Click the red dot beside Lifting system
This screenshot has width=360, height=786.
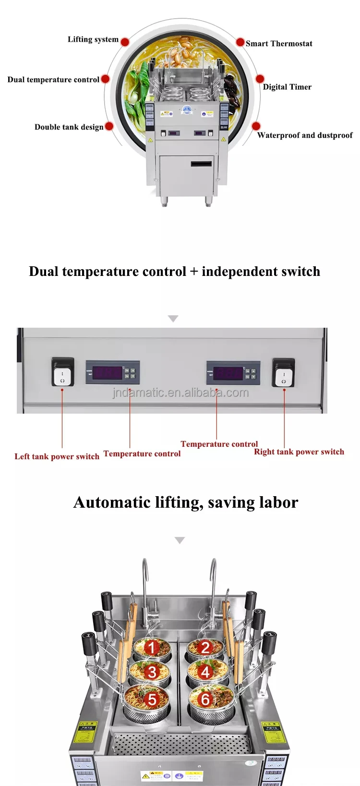click(125, 42)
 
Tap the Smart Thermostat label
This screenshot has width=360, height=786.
click(279, 44)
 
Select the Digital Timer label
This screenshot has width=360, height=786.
click(287, 87)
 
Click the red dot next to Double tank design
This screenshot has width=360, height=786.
click(109, 126)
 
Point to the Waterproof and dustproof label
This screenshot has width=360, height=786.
click(305, 135)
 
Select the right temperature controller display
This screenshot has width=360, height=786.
click(228, 373)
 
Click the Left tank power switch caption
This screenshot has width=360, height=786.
click(57, 456)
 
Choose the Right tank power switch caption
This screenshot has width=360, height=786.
click(299, 452)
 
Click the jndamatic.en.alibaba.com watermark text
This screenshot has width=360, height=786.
click(180, 393)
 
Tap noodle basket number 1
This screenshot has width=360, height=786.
click(152, 648)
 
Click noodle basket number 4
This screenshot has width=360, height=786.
click(205, 671)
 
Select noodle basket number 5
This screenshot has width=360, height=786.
click(152, 699)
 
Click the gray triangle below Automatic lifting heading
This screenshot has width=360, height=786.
click(180, 540)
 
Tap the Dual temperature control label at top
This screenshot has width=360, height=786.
click(53, 80)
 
